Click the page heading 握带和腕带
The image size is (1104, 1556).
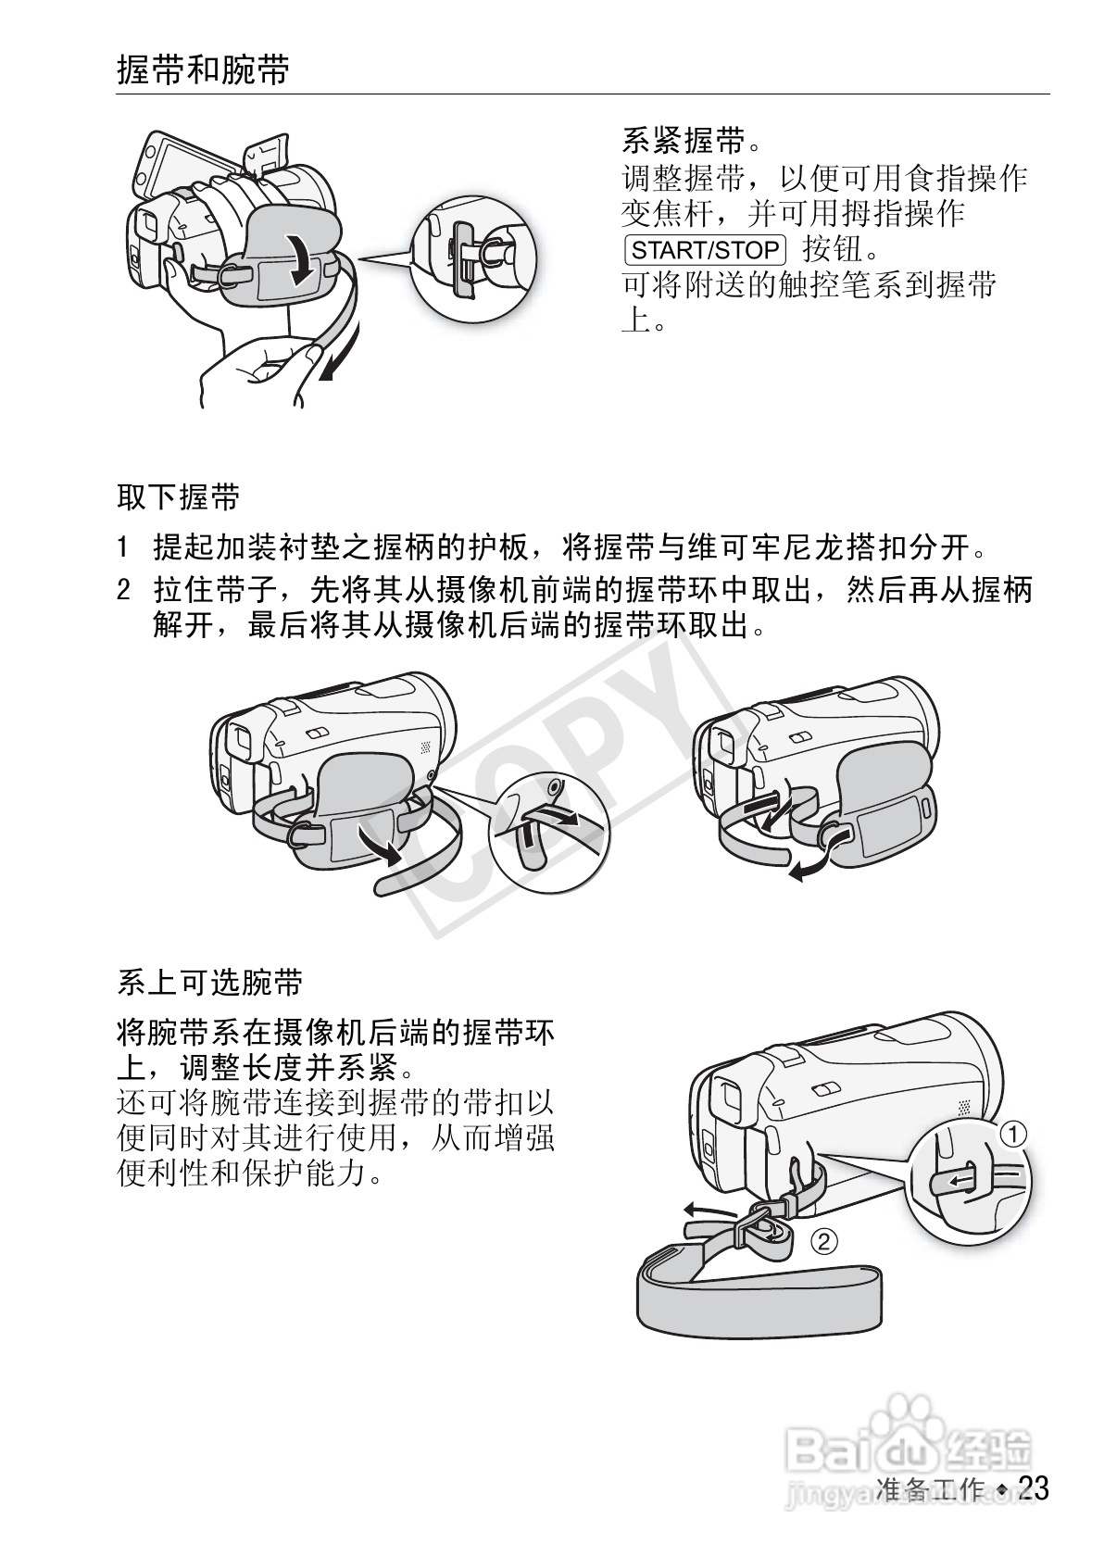click(204, 70)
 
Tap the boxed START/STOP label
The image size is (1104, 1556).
click(705, 250)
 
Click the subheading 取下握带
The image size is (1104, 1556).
click(178, 497)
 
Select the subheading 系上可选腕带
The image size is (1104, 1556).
click(210, 982)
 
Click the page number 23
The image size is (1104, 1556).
click(1034, 1488)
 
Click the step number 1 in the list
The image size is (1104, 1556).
click(122, 547)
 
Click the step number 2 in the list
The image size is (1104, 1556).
click(123, 590)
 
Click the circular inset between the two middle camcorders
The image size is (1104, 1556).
click(549, 829)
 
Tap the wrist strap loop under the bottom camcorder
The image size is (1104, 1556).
click(758, 1297)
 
